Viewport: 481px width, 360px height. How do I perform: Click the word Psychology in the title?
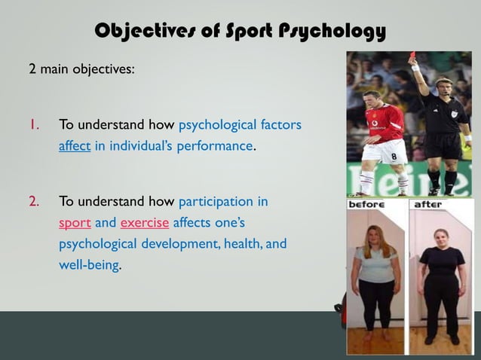click(x=332, y=31)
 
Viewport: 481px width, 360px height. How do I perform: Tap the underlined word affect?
click(x=75, y=145)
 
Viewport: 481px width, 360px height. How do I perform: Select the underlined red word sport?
click(x=75, y=224)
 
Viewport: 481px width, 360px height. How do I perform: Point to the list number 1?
click(x=32, y=124)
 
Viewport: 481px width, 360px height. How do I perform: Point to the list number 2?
click(x=33, y=203)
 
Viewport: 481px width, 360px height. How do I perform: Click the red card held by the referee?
click(x=412, y=56)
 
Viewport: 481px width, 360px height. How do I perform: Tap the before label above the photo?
click(x=367, y=204)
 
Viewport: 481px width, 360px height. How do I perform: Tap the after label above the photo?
click(x=428, y=204)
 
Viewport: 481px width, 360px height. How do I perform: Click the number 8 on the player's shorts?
click(x=392, y=157)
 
